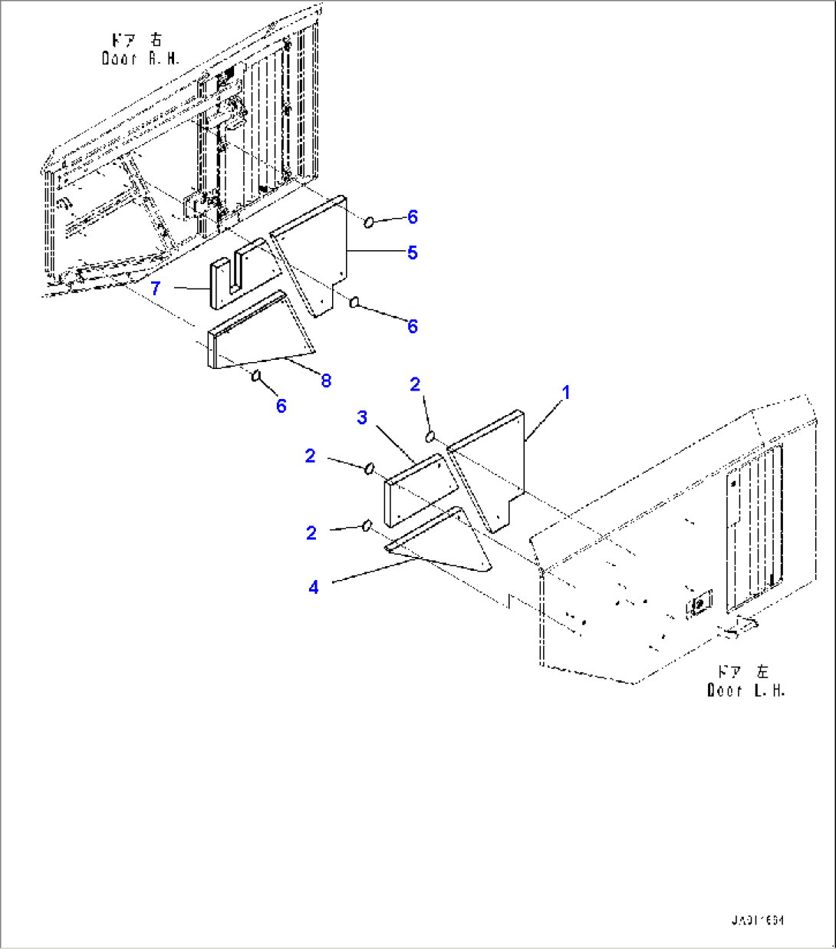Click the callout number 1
pyautogui.click(x=565, y=393)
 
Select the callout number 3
pyautogui.click(x=362, y=417)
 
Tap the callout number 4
pyautogui.click(x=314, y=587)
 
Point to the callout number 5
pyautogui.click(x=413, y=252)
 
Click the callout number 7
pyautogui.click(x=156, y=288)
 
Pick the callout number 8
pyautogui.click(x=326, y=380)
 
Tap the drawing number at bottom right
pyautogui.click(x=757, y=920)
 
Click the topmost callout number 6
pyautogui.click(x=413, y=217)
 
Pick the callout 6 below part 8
pyautogui.click(x=281, y=406)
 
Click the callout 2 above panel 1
pyautogui.click(x=415, y=384)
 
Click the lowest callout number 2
pyautogui.click(x=311, y=532)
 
